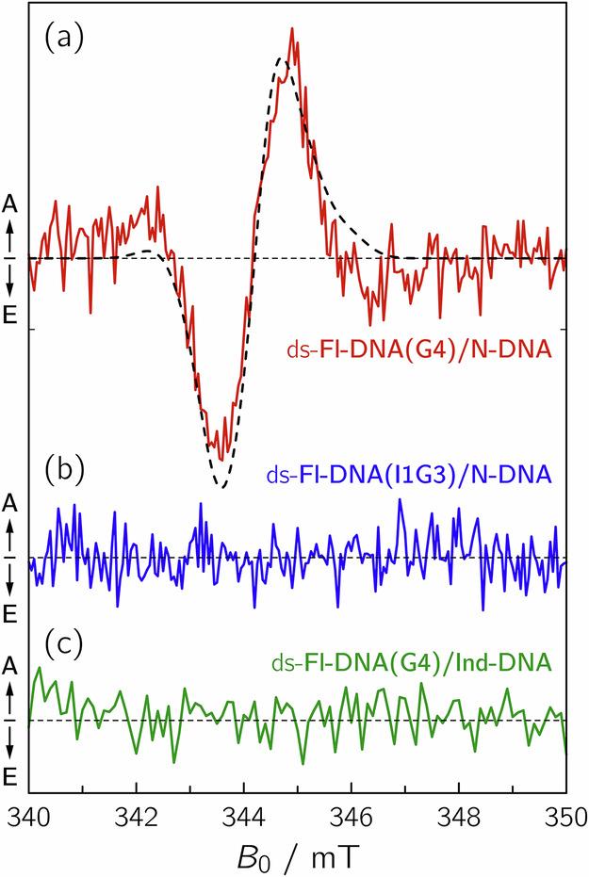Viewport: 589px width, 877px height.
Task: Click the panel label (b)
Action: tap(63, 468)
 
